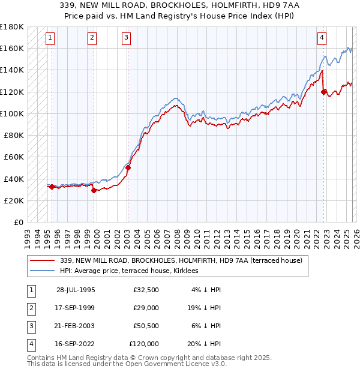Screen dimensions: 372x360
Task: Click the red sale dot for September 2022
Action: tap(324, 92)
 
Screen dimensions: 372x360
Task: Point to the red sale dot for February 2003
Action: tap(128, 167)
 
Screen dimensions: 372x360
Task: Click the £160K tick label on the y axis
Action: tap(12, 48)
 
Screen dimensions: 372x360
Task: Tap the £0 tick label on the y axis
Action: tap(18, 222)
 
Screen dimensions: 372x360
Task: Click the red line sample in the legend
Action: tap(44, 260)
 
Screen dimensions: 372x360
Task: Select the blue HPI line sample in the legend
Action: tap(44, 271)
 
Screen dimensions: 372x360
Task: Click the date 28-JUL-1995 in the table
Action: tap(76, 290)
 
